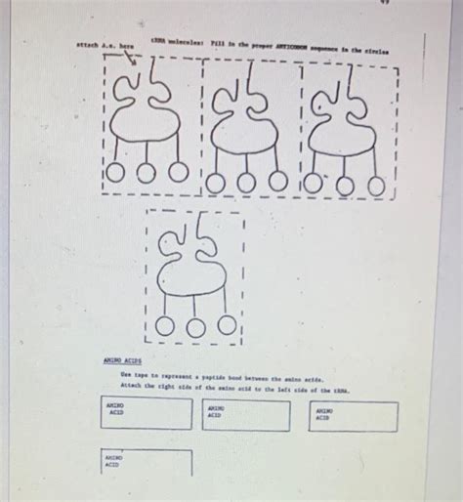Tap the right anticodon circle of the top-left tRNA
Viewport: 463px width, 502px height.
[178, 172]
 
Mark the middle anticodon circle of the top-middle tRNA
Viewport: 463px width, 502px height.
[248, 180]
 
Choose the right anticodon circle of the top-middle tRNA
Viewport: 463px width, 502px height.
[279, 180]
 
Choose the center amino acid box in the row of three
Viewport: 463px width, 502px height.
[247, 416]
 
